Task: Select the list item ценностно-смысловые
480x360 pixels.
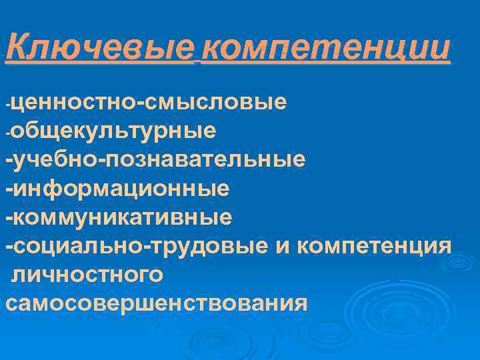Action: pyautogui.click(x=150, y=103)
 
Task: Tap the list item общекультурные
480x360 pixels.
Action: pyautogui.click(x=113, y=131)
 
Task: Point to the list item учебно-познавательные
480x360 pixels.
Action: pyautogui.click(x=160, y=159)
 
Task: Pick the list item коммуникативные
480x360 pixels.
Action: pyautogui.click(x=124, y=217)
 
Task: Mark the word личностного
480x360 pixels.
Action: pyautogui.click(x=87, y=275)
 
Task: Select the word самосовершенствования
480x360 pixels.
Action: pyautogui.click(x=157, y=303)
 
